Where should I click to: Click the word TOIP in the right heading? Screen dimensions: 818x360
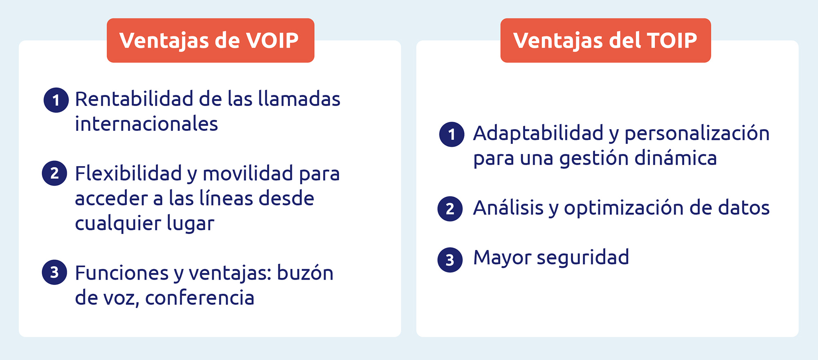point(672,40)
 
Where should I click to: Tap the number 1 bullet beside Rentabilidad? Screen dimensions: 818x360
point(56,100)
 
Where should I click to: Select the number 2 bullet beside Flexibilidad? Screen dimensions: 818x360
point(54,173)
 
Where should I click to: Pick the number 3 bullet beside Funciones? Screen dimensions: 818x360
point(54,272)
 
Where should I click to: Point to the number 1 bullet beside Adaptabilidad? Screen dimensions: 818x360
point(452,134)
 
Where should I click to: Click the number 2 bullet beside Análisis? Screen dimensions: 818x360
point(450,209)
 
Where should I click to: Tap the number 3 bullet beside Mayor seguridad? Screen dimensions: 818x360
point(450,260)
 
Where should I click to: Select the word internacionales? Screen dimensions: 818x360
point(146,124)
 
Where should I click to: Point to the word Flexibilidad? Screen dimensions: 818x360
point(128,173)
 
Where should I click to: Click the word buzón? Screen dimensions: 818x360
point(305,272)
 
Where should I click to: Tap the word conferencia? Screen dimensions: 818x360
point(200,297)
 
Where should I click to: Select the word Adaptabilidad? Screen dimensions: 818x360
point(538,133)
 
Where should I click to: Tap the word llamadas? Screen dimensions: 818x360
point(299,99)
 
